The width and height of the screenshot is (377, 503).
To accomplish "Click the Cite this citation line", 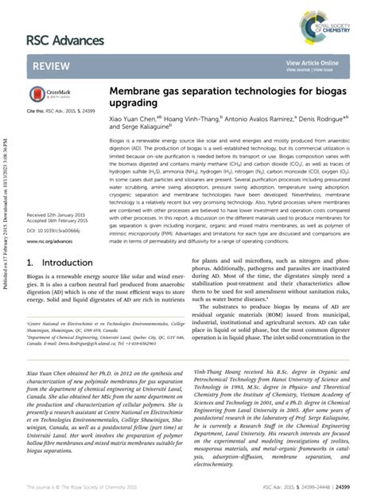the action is click(60, 115).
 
